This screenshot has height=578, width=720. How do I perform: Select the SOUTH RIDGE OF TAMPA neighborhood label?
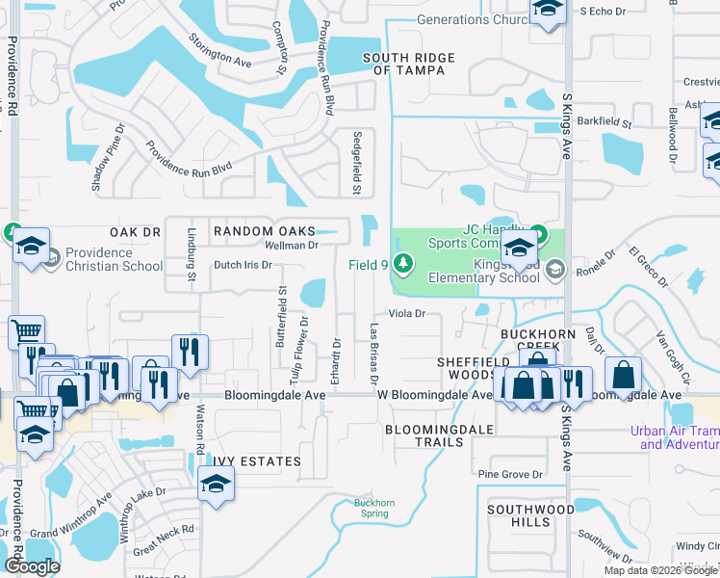pyautogui.click(x=408, y=65)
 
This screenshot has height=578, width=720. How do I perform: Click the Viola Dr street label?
pyautogui.click(x=406, y=314)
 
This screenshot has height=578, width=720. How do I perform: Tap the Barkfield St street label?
pyautogui.click(x=605, y=123)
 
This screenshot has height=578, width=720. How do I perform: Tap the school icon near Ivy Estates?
pyautogui.click(x=216, y=485)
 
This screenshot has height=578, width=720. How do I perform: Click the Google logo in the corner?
pyautogui.click(x=32, y=566)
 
